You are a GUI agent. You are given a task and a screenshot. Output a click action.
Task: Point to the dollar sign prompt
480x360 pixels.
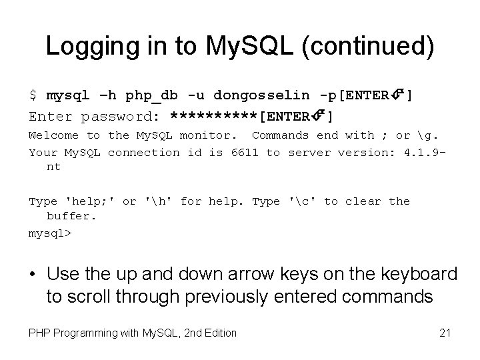click(x=33, y=96)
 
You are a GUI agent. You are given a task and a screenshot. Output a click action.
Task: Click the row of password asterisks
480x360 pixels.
click(x=213, y=117)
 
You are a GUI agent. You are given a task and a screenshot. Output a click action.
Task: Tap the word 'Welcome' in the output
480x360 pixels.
click(x=54, y=135)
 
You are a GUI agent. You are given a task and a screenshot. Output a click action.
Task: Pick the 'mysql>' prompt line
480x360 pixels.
click(x=49, y=233)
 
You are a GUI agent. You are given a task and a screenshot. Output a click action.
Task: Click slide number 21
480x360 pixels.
click(x=444, y=332)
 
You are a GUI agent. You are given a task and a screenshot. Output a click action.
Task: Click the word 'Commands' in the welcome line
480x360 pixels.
click(x=280, y=135)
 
